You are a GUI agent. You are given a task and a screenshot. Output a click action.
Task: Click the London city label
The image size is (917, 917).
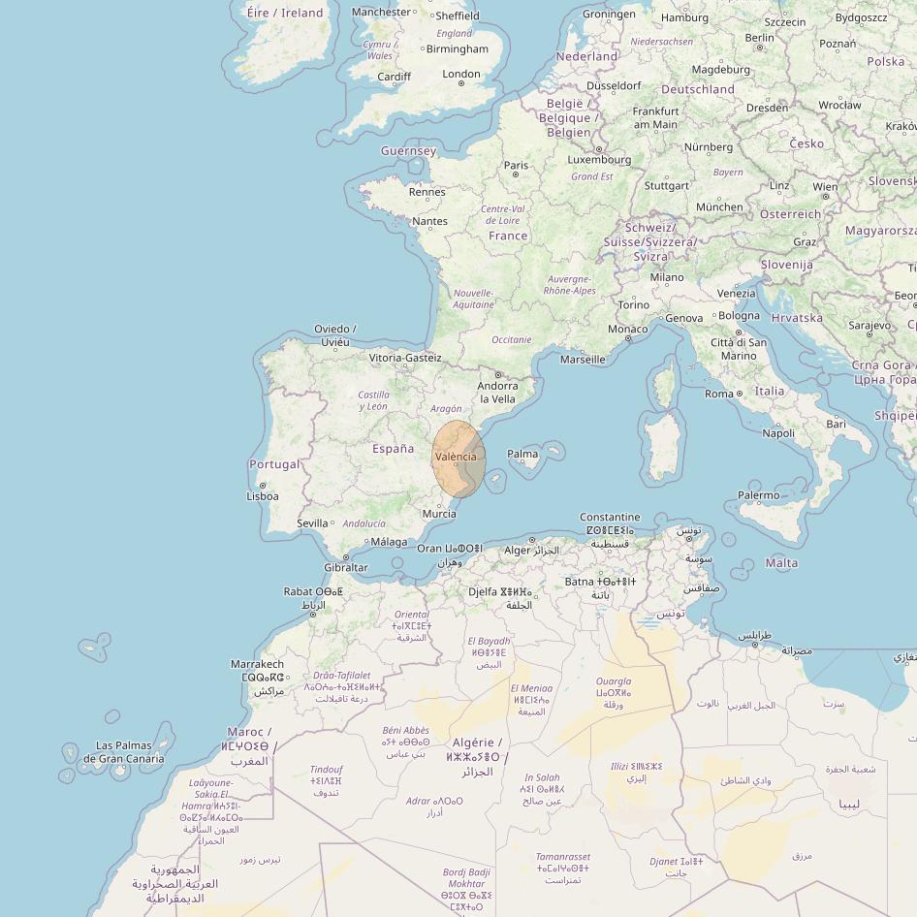pyautogui.click(x=461, y=74)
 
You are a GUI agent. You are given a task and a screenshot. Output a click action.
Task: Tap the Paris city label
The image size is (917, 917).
pyautogui.click(x=517, y=166)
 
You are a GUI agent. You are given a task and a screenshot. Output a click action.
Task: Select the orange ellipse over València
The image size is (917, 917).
pyautogui.click(x=458, y=459)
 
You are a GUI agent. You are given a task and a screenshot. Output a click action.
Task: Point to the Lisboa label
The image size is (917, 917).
pyautogui.click(x=262, y=496)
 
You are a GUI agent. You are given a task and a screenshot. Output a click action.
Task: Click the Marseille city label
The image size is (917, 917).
pyautogui.click(x=583, y=360)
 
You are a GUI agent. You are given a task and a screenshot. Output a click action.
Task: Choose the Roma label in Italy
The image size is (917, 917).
pyautogui.click(x=719, y=394)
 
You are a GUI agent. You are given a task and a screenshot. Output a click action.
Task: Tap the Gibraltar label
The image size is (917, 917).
pyautogui.click(x=346, y=568)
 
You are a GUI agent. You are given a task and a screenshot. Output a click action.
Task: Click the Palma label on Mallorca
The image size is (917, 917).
pyautogui.click(x=522, y=454)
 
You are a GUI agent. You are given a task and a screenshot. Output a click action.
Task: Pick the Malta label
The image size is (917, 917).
pyautogui.click(x=782, y=563)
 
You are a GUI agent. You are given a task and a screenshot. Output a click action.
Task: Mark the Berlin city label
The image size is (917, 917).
pyautogui.click(x=760, y=38)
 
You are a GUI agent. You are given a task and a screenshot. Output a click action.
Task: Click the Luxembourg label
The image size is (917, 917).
pyautogui.click(x=599, y=160)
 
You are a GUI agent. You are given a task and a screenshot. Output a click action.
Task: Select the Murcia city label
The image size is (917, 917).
pyautogui.click(x=439, y=514)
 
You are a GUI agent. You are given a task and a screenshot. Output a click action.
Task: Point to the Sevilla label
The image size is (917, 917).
pyautogui.click(x=312, y=523)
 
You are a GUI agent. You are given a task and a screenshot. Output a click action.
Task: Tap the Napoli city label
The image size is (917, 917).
pyautogui.click(x=778, y=433)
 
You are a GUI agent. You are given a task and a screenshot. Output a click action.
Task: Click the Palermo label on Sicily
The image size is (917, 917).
pyautogui.click(x=758, y=495)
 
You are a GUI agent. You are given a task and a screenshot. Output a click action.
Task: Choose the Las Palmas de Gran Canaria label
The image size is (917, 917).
pyautogui.click(x=123, y=752)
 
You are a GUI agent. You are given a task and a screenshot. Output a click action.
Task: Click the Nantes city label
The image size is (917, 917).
pyautogui.click(x=430, y=221)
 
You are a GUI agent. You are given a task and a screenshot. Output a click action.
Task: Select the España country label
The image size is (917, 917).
pyautogui.click(x=394, y=449)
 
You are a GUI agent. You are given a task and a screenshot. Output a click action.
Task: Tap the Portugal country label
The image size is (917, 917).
pyautogui.click(x=274, y=464)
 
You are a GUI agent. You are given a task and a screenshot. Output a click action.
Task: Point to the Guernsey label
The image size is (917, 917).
pyautogui.click(x=408, y=151)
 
